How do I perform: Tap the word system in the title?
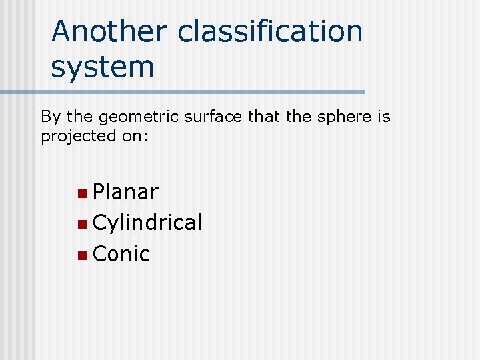point(102,67)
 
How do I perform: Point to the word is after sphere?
point(384,117)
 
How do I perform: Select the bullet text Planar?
point(126,192)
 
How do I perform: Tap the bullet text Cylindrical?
point(147,223)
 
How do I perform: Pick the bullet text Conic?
point(121,253)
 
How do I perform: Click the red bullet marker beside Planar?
point(81,193)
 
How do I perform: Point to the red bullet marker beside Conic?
point(81,255)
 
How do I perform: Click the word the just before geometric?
point(79,117)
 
